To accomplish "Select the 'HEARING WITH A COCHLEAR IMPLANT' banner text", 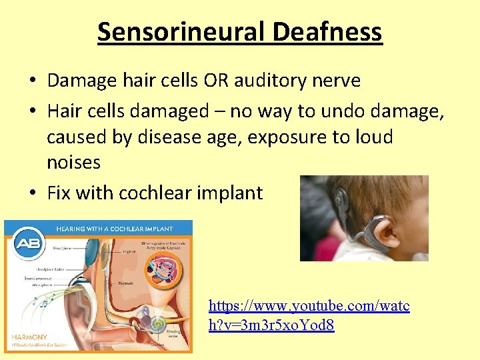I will [114, 229].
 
